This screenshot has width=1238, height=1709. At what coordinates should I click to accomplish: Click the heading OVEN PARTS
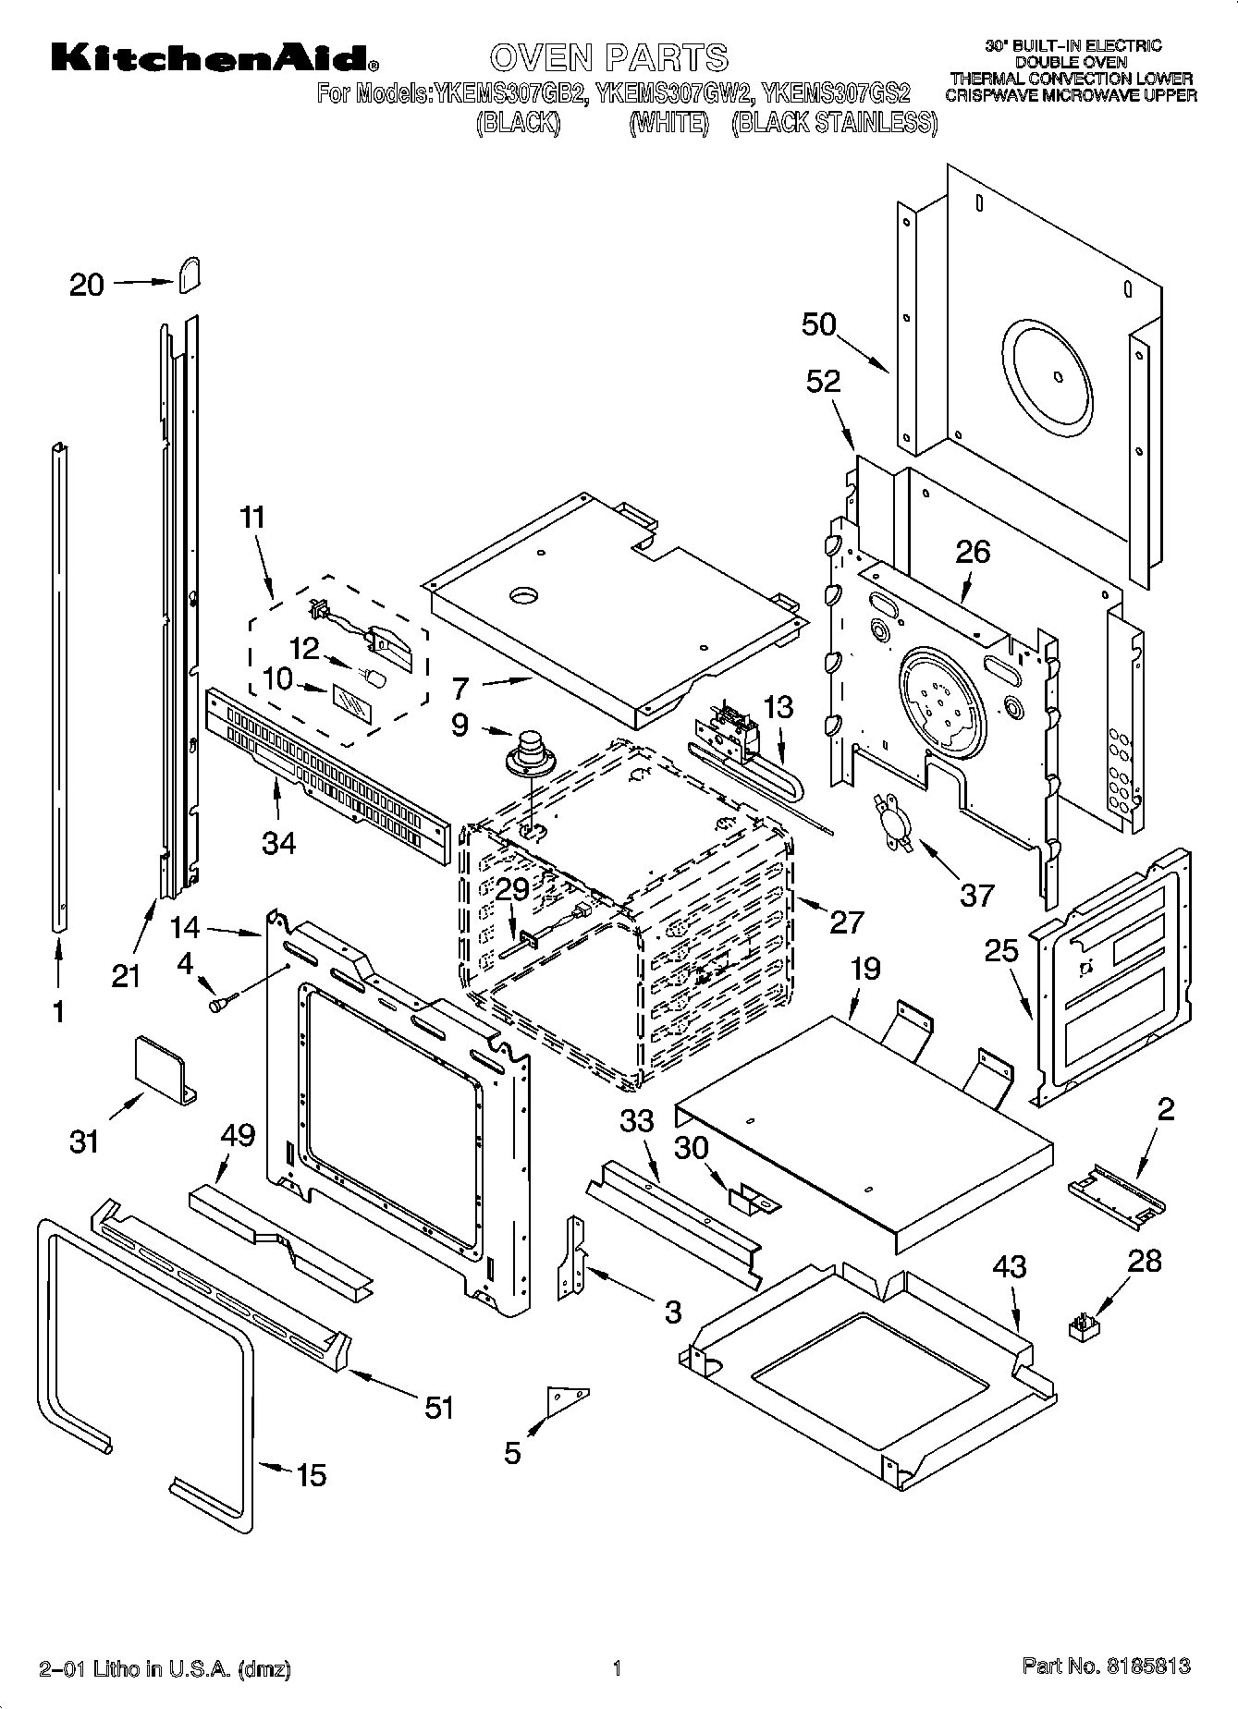609,58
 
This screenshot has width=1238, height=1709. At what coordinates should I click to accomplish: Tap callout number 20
87,285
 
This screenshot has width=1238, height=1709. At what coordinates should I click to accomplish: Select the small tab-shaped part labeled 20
190,275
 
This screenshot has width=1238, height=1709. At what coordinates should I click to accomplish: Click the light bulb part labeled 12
376,677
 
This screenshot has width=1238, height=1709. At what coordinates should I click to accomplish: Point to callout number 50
819,324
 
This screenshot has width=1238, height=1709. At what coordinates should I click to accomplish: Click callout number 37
977,895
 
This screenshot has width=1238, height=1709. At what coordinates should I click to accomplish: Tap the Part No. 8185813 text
1106,1666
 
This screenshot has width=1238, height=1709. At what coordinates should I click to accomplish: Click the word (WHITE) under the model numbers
668,123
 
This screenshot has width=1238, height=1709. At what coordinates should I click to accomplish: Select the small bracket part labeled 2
1116,1196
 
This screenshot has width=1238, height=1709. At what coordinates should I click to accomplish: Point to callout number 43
1009,1266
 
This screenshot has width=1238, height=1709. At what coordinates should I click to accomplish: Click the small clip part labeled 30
754,1200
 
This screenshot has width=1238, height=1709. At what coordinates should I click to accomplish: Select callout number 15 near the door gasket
312,1474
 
